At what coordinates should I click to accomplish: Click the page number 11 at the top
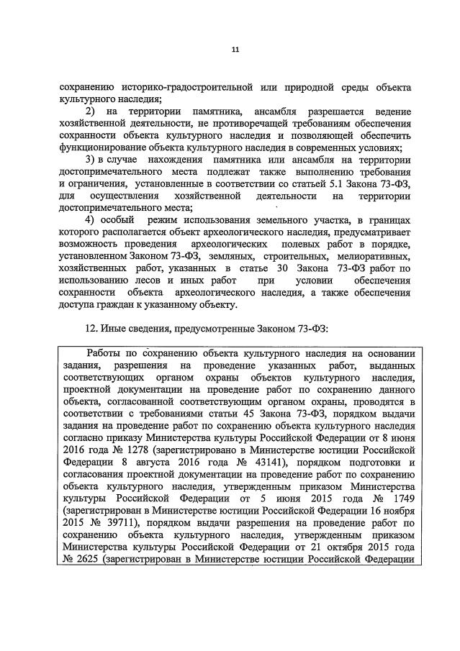click(235, 50)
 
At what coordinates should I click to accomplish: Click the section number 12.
click(91, 327)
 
